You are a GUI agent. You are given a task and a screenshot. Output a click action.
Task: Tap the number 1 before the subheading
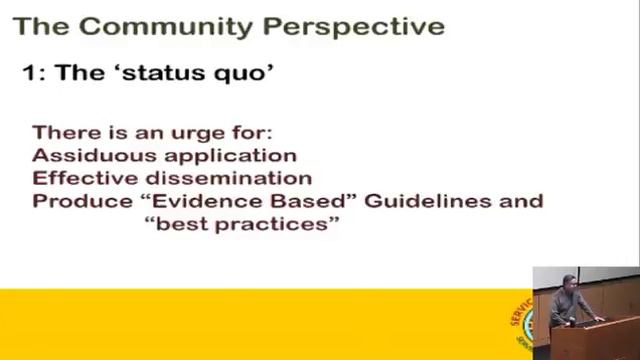[x=29, y=73]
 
